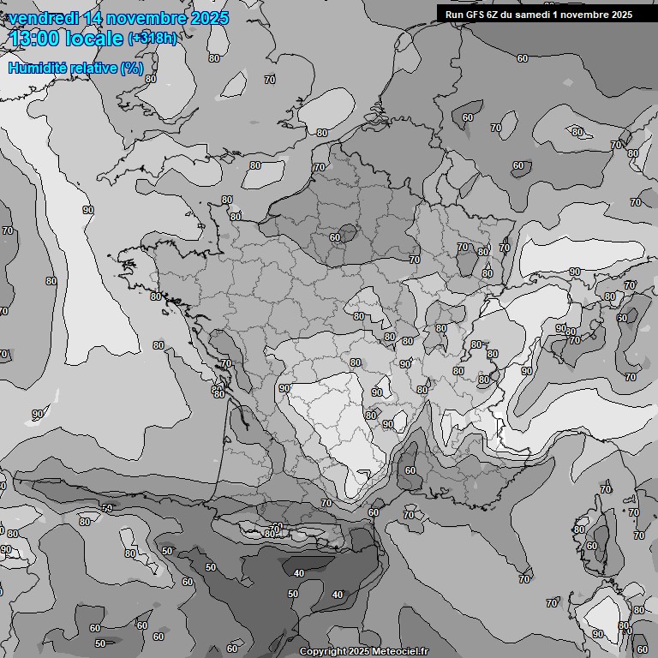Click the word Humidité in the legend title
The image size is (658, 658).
tap(36, 68)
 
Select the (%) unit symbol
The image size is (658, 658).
tap(132, 68)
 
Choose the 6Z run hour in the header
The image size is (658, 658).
tap(496, 15)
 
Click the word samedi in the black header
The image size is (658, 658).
tap(536, 15)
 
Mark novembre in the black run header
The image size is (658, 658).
tap(586, 15)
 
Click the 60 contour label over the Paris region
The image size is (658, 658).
tap(335, 237)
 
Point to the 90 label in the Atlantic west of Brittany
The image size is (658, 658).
tap(88, 209)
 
